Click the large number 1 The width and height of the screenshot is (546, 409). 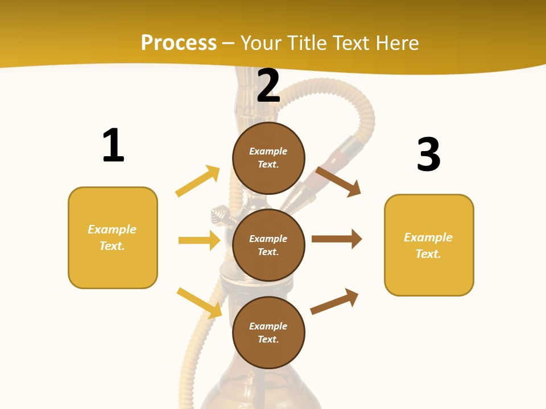113,145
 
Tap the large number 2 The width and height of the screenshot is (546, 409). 268,86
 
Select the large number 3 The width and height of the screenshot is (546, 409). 428,155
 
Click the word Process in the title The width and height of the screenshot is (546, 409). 179,43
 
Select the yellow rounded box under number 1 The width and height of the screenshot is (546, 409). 113,237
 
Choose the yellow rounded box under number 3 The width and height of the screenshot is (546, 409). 429,245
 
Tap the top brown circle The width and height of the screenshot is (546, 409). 268,158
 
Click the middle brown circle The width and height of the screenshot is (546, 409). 268,245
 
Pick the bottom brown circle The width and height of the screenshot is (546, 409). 268,332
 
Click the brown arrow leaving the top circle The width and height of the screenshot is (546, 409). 338,181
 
